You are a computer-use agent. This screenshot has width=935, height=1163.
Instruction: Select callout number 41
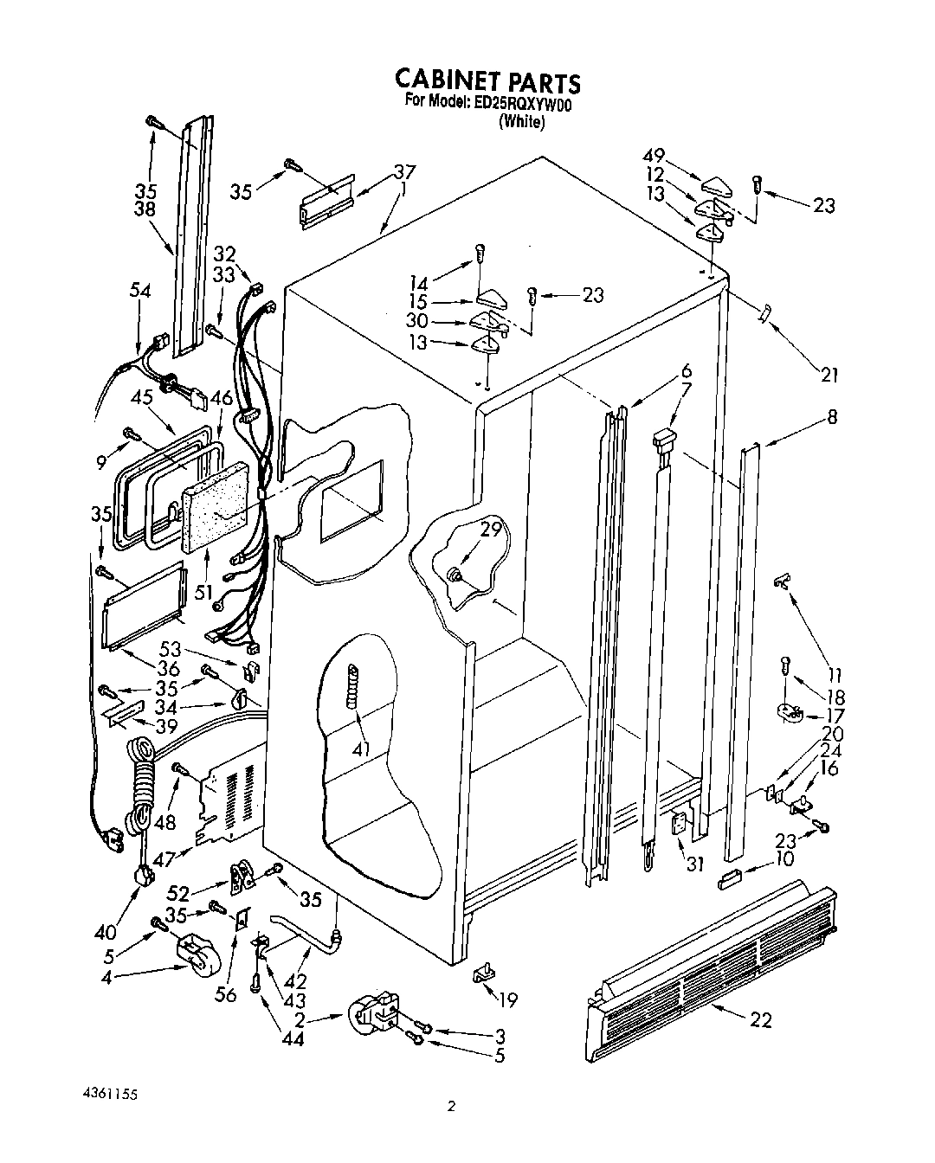point(361,749)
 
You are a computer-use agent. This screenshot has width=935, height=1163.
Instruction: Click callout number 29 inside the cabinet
point(491,530)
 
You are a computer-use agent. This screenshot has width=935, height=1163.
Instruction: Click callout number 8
point(832,416)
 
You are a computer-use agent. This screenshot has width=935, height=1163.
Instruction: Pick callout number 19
point(507,1000)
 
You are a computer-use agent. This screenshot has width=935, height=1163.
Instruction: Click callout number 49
point(654,156)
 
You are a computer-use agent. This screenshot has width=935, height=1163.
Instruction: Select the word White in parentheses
point(521,123)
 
